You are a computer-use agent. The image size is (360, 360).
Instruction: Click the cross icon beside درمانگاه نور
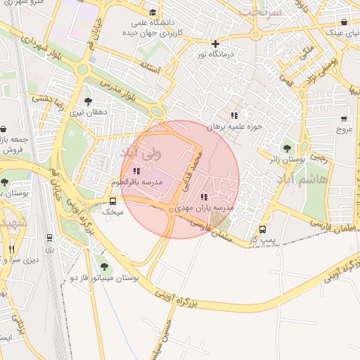click(x=215, y=44)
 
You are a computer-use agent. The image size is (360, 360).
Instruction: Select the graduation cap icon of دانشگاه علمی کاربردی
click(x=153, y=12)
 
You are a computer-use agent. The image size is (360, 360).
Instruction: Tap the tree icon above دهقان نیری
click(x=88, y=101)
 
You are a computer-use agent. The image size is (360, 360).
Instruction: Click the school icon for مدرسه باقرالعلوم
click(x=136, y=171)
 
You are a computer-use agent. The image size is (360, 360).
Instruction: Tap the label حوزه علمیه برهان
click(x=234, y=127)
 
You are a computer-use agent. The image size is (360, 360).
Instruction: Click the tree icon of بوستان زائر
click(x=287, y=148)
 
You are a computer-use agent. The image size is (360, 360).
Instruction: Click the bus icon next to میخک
click(x=113, y=201)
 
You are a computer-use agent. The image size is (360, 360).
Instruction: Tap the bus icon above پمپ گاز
click(x=263, y=229)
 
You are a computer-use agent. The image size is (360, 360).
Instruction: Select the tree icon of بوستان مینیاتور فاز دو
click(x=105, y=266)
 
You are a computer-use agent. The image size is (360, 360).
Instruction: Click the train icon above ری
click(x=49, y=238)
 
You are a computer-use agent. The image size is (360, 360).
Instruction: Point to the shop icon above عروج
click(x=343, y=119)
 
